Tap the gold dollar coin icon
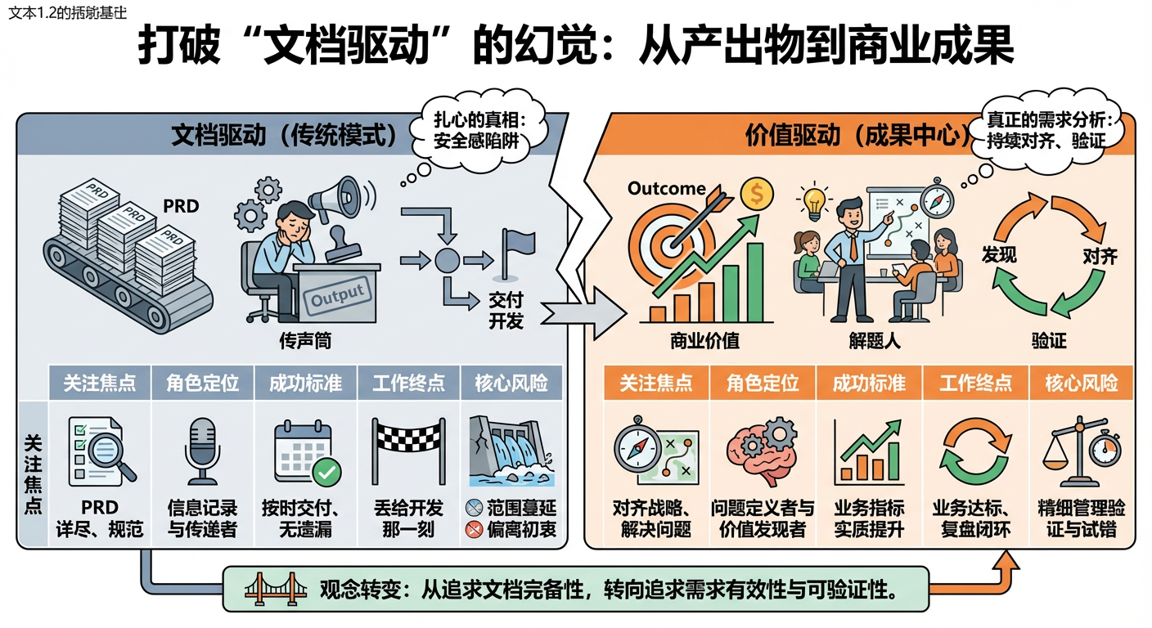coord(757,195)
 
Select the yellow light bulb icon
coord(813,201)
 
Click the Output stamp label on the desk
coord(337,295)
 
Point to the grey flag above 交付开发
coord(518,249)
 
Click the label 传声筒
coord(305,340)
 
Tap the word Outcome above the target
coord(666,189)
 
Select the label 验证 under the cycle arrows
coord(1049,340)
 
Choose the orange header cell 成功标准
coord(869,383)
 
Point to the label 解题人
coord(875,340)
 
